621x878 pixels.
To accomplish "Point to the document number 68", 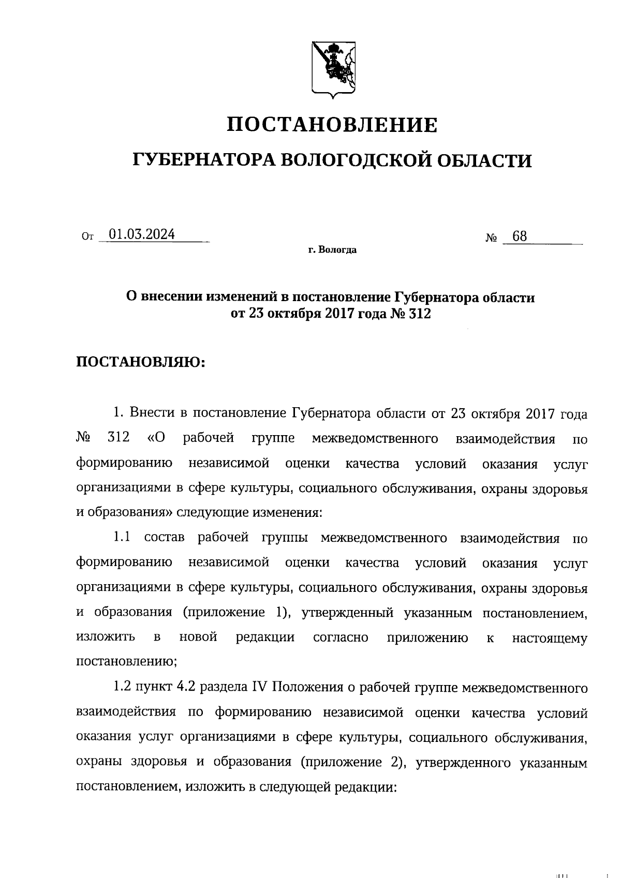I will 519,236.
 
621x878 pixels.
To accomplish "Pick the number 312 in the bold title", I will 420,314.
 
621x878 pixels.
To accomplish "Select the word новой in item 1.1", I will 198,637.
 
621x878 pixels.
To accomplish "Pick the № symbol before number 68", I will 491,239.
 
